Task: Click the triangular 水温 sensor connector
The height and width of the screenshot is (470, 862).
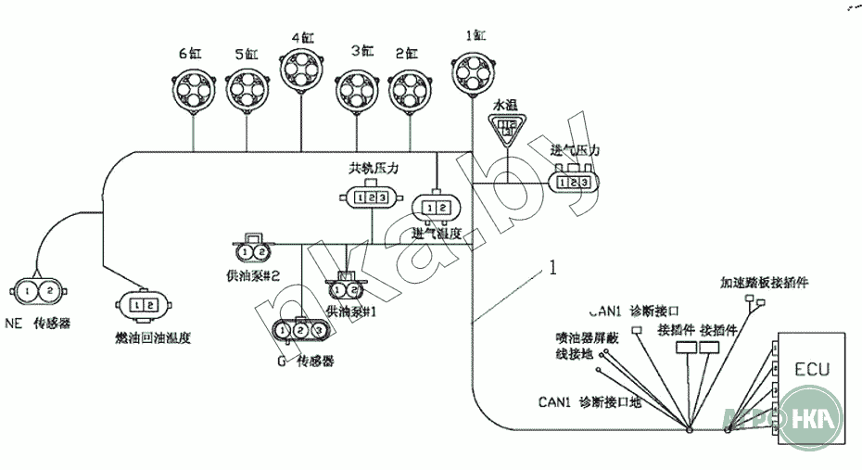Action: [507, 129]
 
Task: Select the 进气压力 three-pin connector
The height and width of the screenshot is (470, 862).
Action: [574, 183]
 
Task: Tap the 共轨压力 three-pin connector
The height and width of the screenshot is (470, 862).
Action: [372, 198]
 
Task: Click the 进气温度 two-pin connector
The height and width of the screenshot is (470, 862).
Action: [435, 207]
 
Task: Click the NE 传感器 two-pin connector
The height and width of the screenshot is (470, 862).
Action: [39, 292]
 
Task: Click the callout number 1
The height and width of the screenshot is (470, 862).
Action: [553, 268]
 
